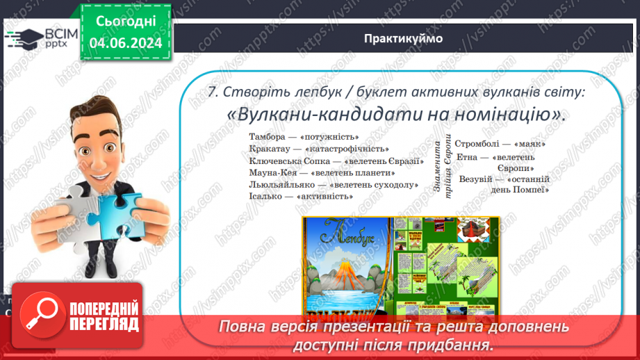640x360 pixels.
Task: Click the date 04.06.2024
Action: (126, 43)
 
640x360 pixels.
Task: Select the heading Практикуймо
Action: (402, 38)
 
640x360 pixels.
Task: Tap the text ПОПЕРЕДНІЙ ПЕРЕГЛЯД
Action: (104, 316)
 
